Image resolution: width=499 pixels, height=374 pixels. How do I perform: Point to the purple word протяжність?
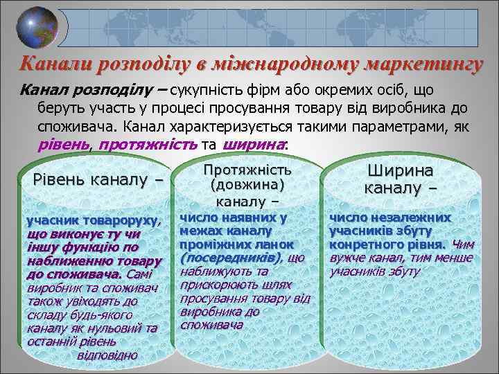[x=147, y=144]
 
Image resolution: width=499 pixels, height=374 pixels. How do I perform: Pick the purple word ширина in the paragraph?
[x=254, y=144]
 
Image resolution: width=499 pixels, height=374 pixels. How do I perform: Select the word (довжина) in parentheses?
[x=247, y=186]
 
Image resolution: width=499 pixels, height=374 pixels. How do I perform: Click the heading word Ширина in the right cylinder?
[x=400, y=170]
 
